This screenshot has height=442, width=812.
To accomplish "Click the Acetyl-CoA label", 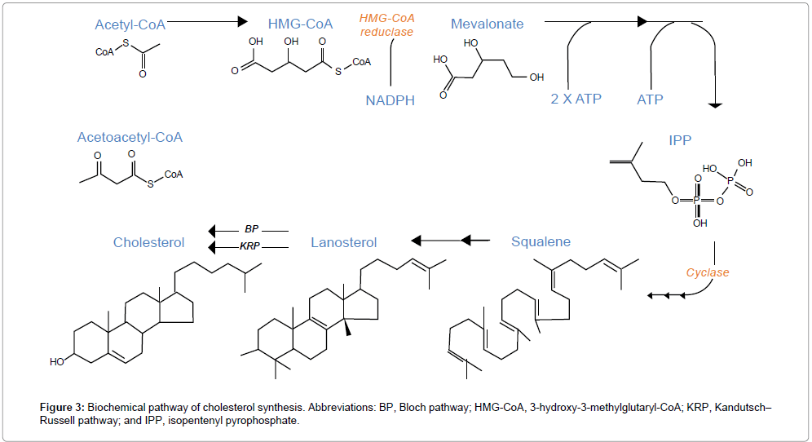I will tap(130, 24).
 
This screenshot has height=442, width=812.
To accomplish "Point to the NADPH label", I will tap(391, 100).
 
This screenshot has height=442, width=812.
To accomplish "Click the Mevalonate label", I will tap(487, 24).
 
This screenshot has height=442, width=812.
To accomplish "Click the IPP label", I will tap(679, 139).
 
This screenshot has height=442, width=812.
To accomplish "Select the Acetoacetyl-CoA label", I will tap(130, 137).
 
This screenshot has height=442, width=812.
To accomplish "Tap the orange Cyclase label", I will tap(707, 272).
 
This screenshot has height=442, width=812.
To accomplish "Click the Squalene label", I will tap(541, 241).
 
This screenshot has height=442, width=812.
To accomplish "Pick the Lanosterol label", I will tap(343, 242).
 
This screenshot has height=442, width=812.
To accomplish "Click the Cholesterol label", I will tap(148, 242).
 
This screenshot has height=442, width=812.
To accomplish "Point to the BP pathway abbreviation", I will tap(251, 230).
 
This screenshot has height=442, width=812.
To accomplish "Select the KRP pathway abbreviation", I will tap(251, 246).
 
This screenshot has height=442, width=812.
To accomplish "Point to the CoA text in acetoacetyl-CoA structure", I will tap(173, 175).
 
